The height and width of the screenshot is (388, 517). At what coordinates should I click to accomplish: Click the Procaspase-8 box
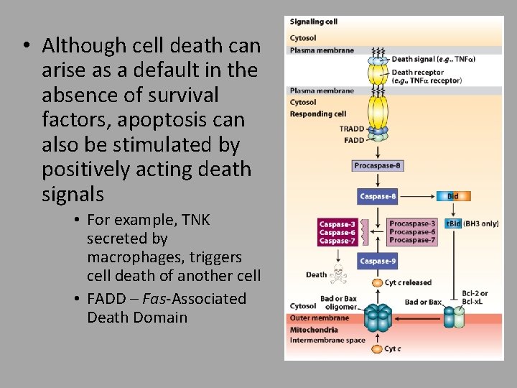pyautogui.click(x=378, y=166)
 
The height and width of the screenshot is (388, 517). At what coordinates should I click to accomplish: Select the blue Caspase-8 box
pyautogui.click(x=378, y=196)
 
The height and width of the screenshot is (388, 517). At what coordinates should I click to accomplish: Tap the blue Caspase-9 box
pyautogui.click(x=378, y=262)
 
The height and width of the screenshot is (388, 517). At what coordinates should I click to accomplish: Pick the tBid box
pyautogui.click(x=454, y=223)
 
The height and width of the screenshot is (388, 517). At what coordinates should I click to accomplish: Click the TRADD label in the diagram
pyautogui.click(x=352, y=129)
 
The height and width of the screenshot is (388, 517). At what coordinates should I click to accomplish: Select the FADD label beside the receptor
pyautogui.click(x=354, y=140)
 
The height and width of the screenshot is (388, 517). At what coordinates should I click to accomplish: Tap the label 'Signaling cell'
pyautogui.click(x=313, y=22)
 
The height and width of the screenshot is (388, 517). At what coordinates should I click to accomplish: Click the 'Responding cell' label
pyautogui.click(x=318, y=114)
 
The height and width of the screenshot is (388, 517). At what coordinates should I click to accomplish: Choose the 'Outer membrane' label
pyautogui.click(x=320, y=318)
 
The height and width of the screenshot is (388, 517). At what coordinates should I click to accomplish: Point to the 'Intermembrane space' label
pyautogui.click(x=327, y=340)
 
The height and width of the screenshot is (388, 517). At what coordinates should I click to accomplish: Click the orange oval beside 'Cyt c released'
pyautogui.click(x=378, y=282)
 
